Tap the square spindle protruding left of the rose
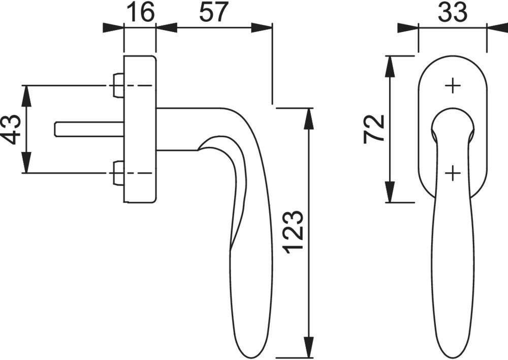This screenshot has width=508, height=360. pos(86,129)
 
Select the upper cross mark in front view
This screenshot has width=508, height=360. pos(452,86)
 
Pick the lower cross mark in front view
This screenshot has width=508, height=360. pos(452,174)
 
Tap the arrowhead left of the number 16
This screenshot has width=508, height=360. pos(113,27)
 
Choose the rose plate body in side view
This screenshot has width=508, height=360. pos(140,129)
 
